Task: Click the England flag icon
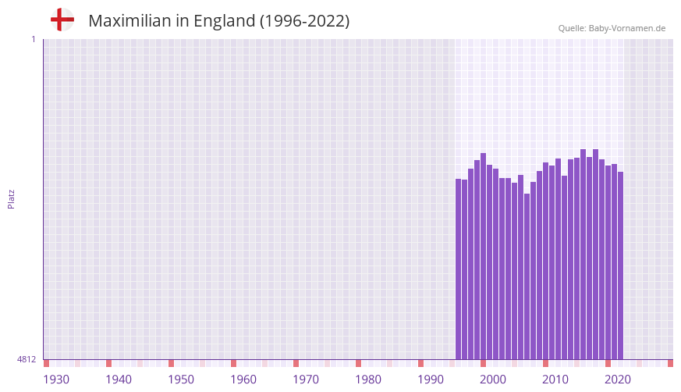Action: [62, 20]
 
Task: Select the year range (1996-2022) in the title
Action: [304, 21]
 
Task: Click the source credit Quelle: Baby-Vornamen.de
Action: [612, 28]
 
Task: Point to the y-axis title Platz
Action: [11, 199]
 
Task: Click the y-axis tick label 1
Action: [33, 39]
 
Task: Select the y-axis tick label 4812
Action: [26, 360]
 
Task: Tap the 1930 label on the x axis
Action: [56, 380]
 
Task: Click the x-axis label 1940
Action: [119, 380]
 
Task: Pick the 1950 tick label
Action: [181, 380]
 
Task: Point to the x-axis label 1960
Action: [243, 380]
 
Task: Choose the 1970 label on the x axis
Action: [306, 380]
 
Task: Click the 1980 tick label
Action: [368, 380]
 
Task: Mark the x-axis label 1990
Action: [431, 380]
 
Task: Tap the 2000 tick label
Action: [493, 380]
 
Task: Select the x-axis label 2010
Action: [555, 380]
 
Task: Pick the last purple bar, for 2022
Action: [620, 265]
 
